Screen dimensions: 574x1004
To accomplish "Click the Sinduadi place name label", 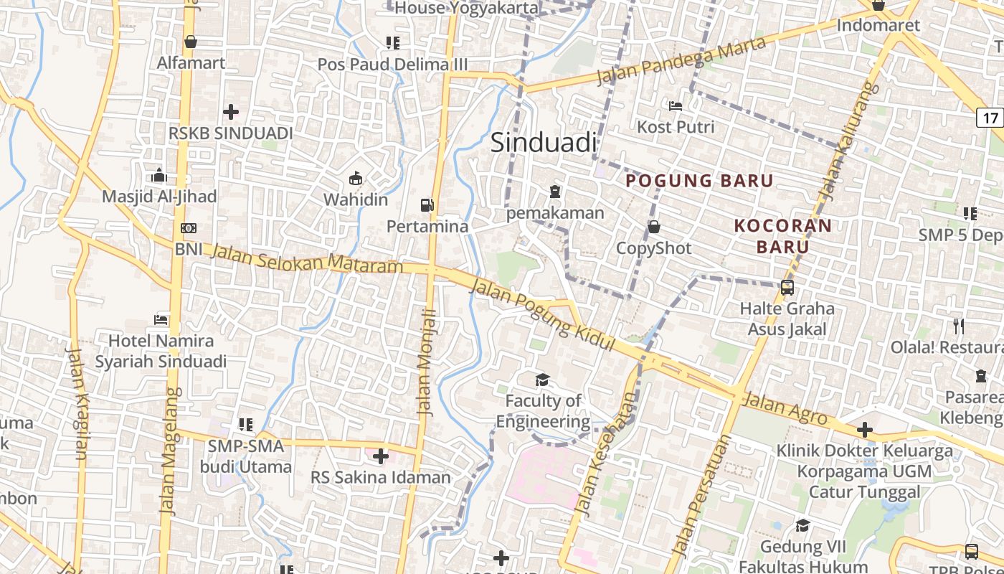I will tap(544, 143).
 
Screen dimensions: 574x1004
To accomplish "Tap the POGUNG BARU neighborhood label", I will tap(699, 181).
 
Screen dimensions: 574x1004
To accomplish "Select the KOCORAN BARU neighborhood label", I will tap(783, 236).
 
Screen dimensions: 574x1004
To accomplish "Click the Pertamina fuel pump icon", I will tap(427, 205).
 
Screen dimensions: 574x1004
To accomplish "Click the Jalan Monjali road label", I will tap(427, 362).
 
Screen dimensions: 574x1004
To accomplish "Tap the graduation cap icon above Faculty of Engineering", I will tap(541, 380).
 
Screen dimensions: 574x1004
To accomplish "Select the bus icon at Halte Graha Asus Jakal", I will tap(787, 288).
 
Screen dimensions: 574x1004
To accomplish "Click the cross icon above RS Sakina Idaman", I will tap(381, 456).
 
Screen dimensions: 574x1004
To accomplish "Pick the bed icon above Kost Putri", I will tap(675, 106).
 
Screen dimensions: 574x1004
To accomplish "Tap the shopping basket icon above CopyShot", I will tap(654, 227).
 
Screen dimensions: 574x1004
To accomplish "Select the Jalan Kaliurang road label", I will tap(849, 141).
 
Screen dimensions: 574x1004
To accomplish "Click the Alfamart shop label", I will tap(191, 62).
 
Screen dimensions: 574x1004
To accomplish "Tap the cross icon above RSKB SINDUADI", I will tap(231, 111).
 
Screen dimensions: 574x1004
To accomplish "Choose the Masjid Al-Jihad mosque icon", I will tap(159, 175).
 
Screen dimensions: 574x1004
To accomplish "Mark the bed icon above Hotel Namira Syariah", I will tap(161, 319).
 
